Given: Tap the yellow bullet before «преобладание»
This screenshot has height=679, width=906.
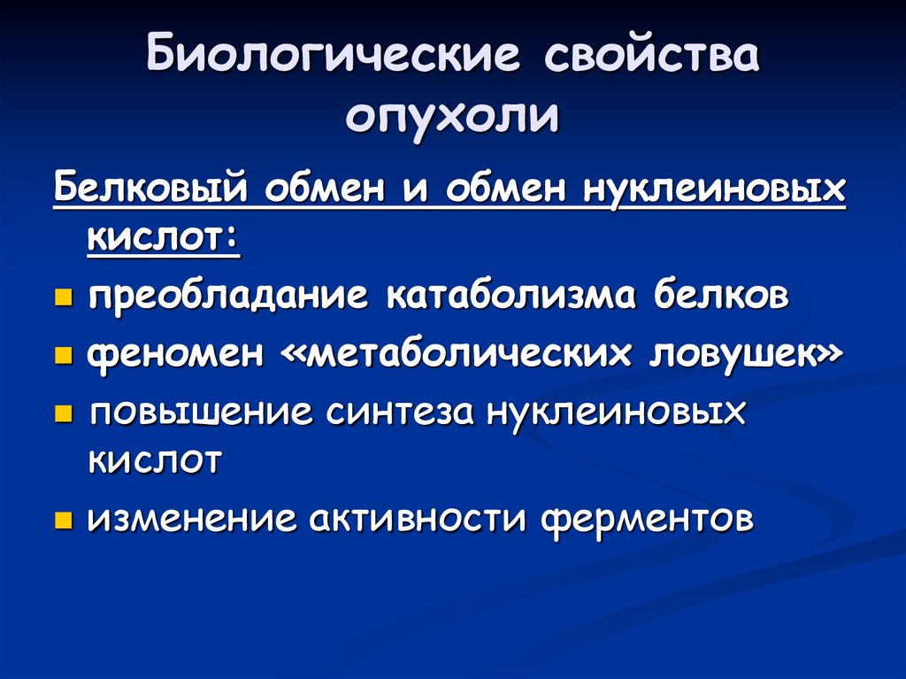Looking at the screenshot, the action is coord(64,298).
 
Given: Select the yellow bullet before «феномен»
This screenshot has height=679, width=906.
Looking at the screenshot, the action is coord(64,356).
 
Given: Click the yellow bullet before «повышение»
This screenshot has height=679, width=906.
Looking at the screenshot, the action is coord(64,414).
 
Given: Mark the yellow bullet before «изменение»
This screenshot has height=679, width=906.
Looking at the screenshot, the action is coord(64,520).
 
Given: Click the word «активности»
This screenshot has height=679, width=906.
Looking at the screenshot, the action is coord(418,518).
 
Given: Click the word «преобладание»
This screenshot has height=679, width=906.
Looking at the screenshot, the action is coord(228,297).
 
